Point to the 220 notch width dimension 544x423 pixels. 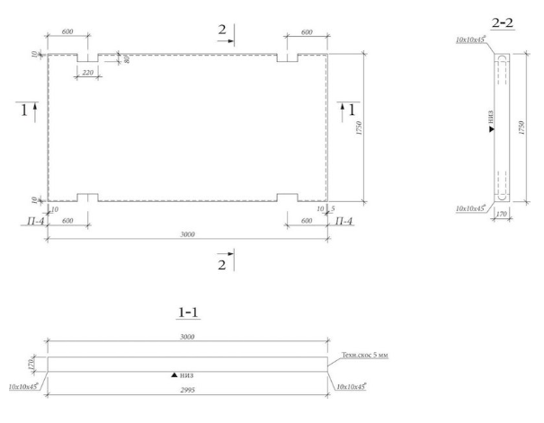(87, 73)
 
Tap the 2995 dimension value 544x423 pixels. (188, 392)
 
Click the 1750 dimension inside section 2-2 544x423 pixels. (522, 128)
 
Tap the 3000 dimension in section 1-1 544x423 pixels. (188, 337)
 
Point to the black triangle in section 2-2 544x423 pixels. (491, 131)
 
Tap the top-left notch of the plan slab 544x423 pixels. (87, 57)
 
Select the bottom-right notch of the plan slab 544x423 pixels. (288, 197)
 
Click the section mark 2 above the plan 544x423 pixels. (222, 31)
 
